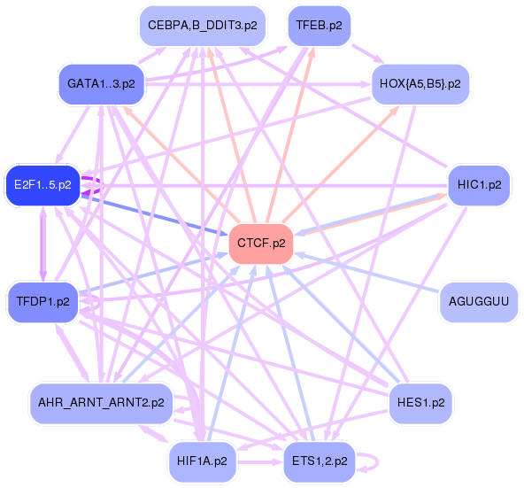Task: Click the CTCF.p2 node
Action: click(x=261, y=244)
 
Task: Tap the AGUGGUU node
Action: click(x=479, y=304)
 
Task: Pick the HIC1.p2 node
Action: click(x=479, y=186)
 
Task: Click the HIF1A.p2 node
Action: click(x=202, y=461)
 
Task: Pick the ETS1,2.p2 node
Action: click(x=318, y=461)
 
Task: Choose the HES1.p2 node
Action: click(x=420, y=403)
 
